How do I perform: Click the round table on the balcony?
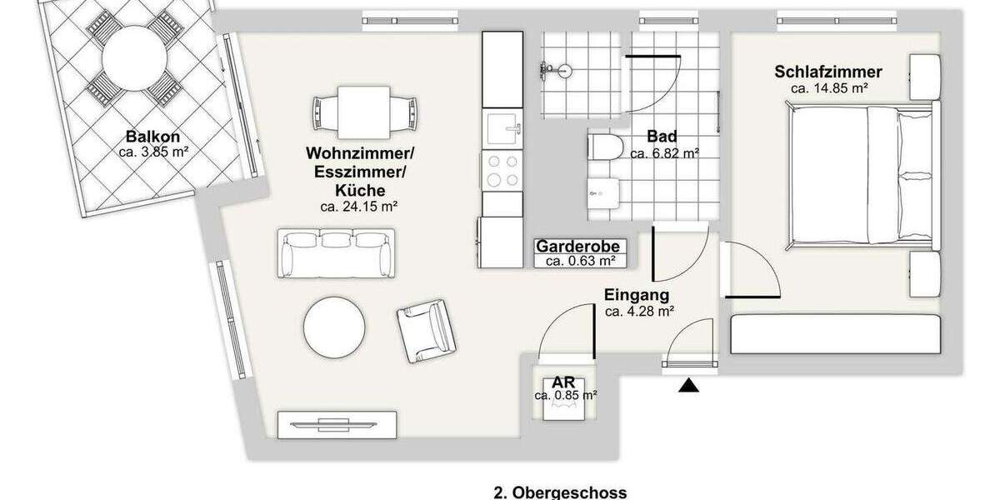(133, 59)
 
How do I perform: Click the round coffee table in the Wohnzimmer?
(334, 327)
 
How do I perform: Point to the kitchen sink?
(502, 130)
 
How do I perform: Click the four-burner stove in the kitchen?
(502, 172)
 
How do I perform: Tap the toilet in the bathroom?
(605, 147)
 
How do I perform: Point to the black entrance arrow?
(688, 386)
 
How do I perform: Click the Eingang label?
(637, 295)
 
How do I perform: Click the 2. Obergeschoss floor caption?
(560, 492)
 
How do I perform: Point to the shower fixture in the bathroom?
(556, 71)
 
